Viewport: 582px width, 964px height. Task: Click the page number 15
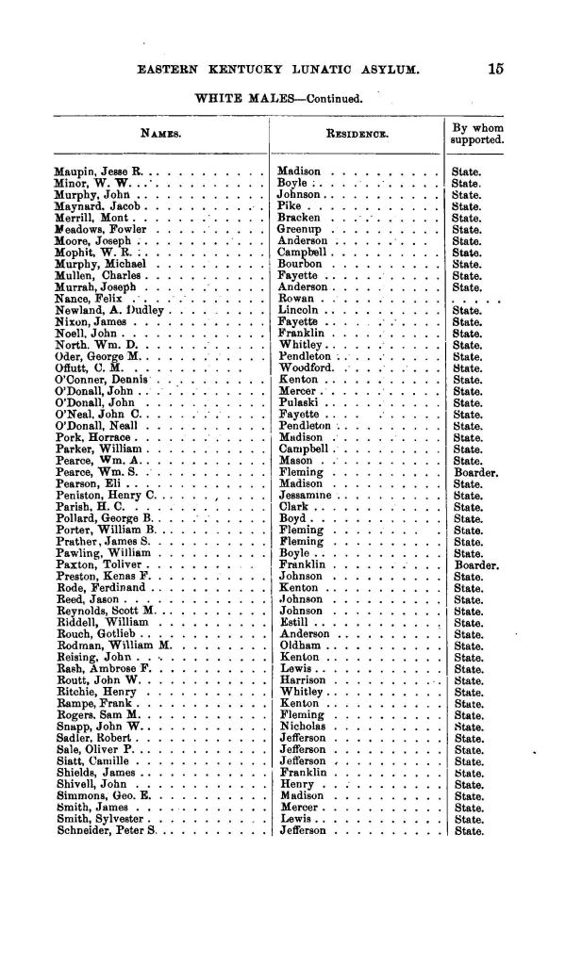point(496,68)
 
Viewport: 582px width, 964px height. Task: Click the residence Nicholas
point(304,727)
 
